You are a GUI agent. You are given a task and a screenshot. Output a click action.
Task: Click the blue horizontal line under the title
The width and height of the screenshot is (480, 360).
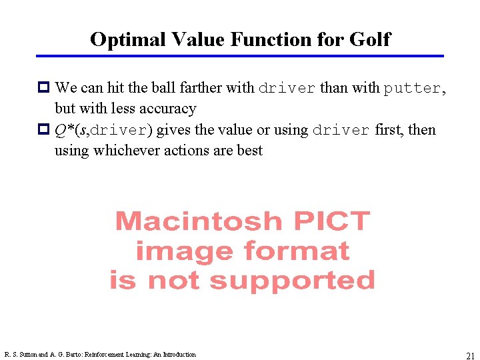(240, 56)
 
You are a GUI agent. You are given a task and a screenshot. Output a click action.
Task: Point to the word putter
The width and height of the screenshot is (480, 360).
(411, 88)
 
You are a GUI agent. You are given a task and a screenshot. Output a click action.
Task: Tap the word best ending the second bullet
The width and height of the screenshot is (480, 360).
(249, 150)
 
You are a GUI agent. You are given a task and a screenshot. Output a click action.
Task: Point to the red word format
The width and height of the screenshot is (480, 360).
(296, 251)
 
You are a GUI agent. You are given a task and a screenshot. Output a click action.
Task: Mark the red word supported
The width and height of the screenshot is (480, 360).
(292, 281)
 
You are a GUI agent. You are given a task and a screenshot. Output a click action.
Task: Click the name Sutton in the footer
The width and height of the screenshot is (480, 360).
(27, 355)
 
